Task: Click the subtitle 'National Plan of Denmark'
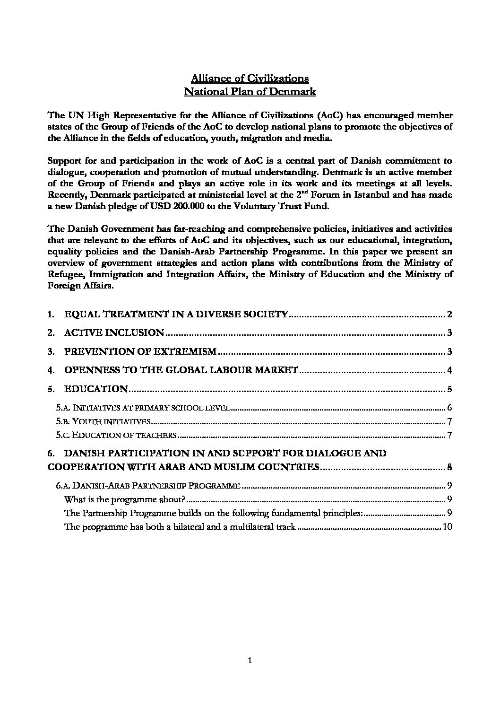pos(250,91)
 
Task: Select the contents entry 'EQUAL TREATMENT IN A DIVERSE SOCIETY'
pos(176,314)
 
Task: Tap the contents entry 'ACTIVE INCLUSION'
pos(114,333)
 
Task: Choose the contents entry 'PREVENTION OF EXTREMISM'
pos(140,351)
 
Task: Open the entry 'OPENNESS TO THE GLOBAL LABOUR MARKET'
pos(181,370)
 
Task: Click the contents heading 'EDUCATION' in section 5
pos(96,389)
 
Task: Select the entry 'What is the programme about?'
pos(124,499)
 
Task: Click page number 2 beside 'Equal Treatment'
pos(450,315)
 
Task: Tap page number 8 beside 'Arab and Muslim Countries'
pos(450,467)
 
